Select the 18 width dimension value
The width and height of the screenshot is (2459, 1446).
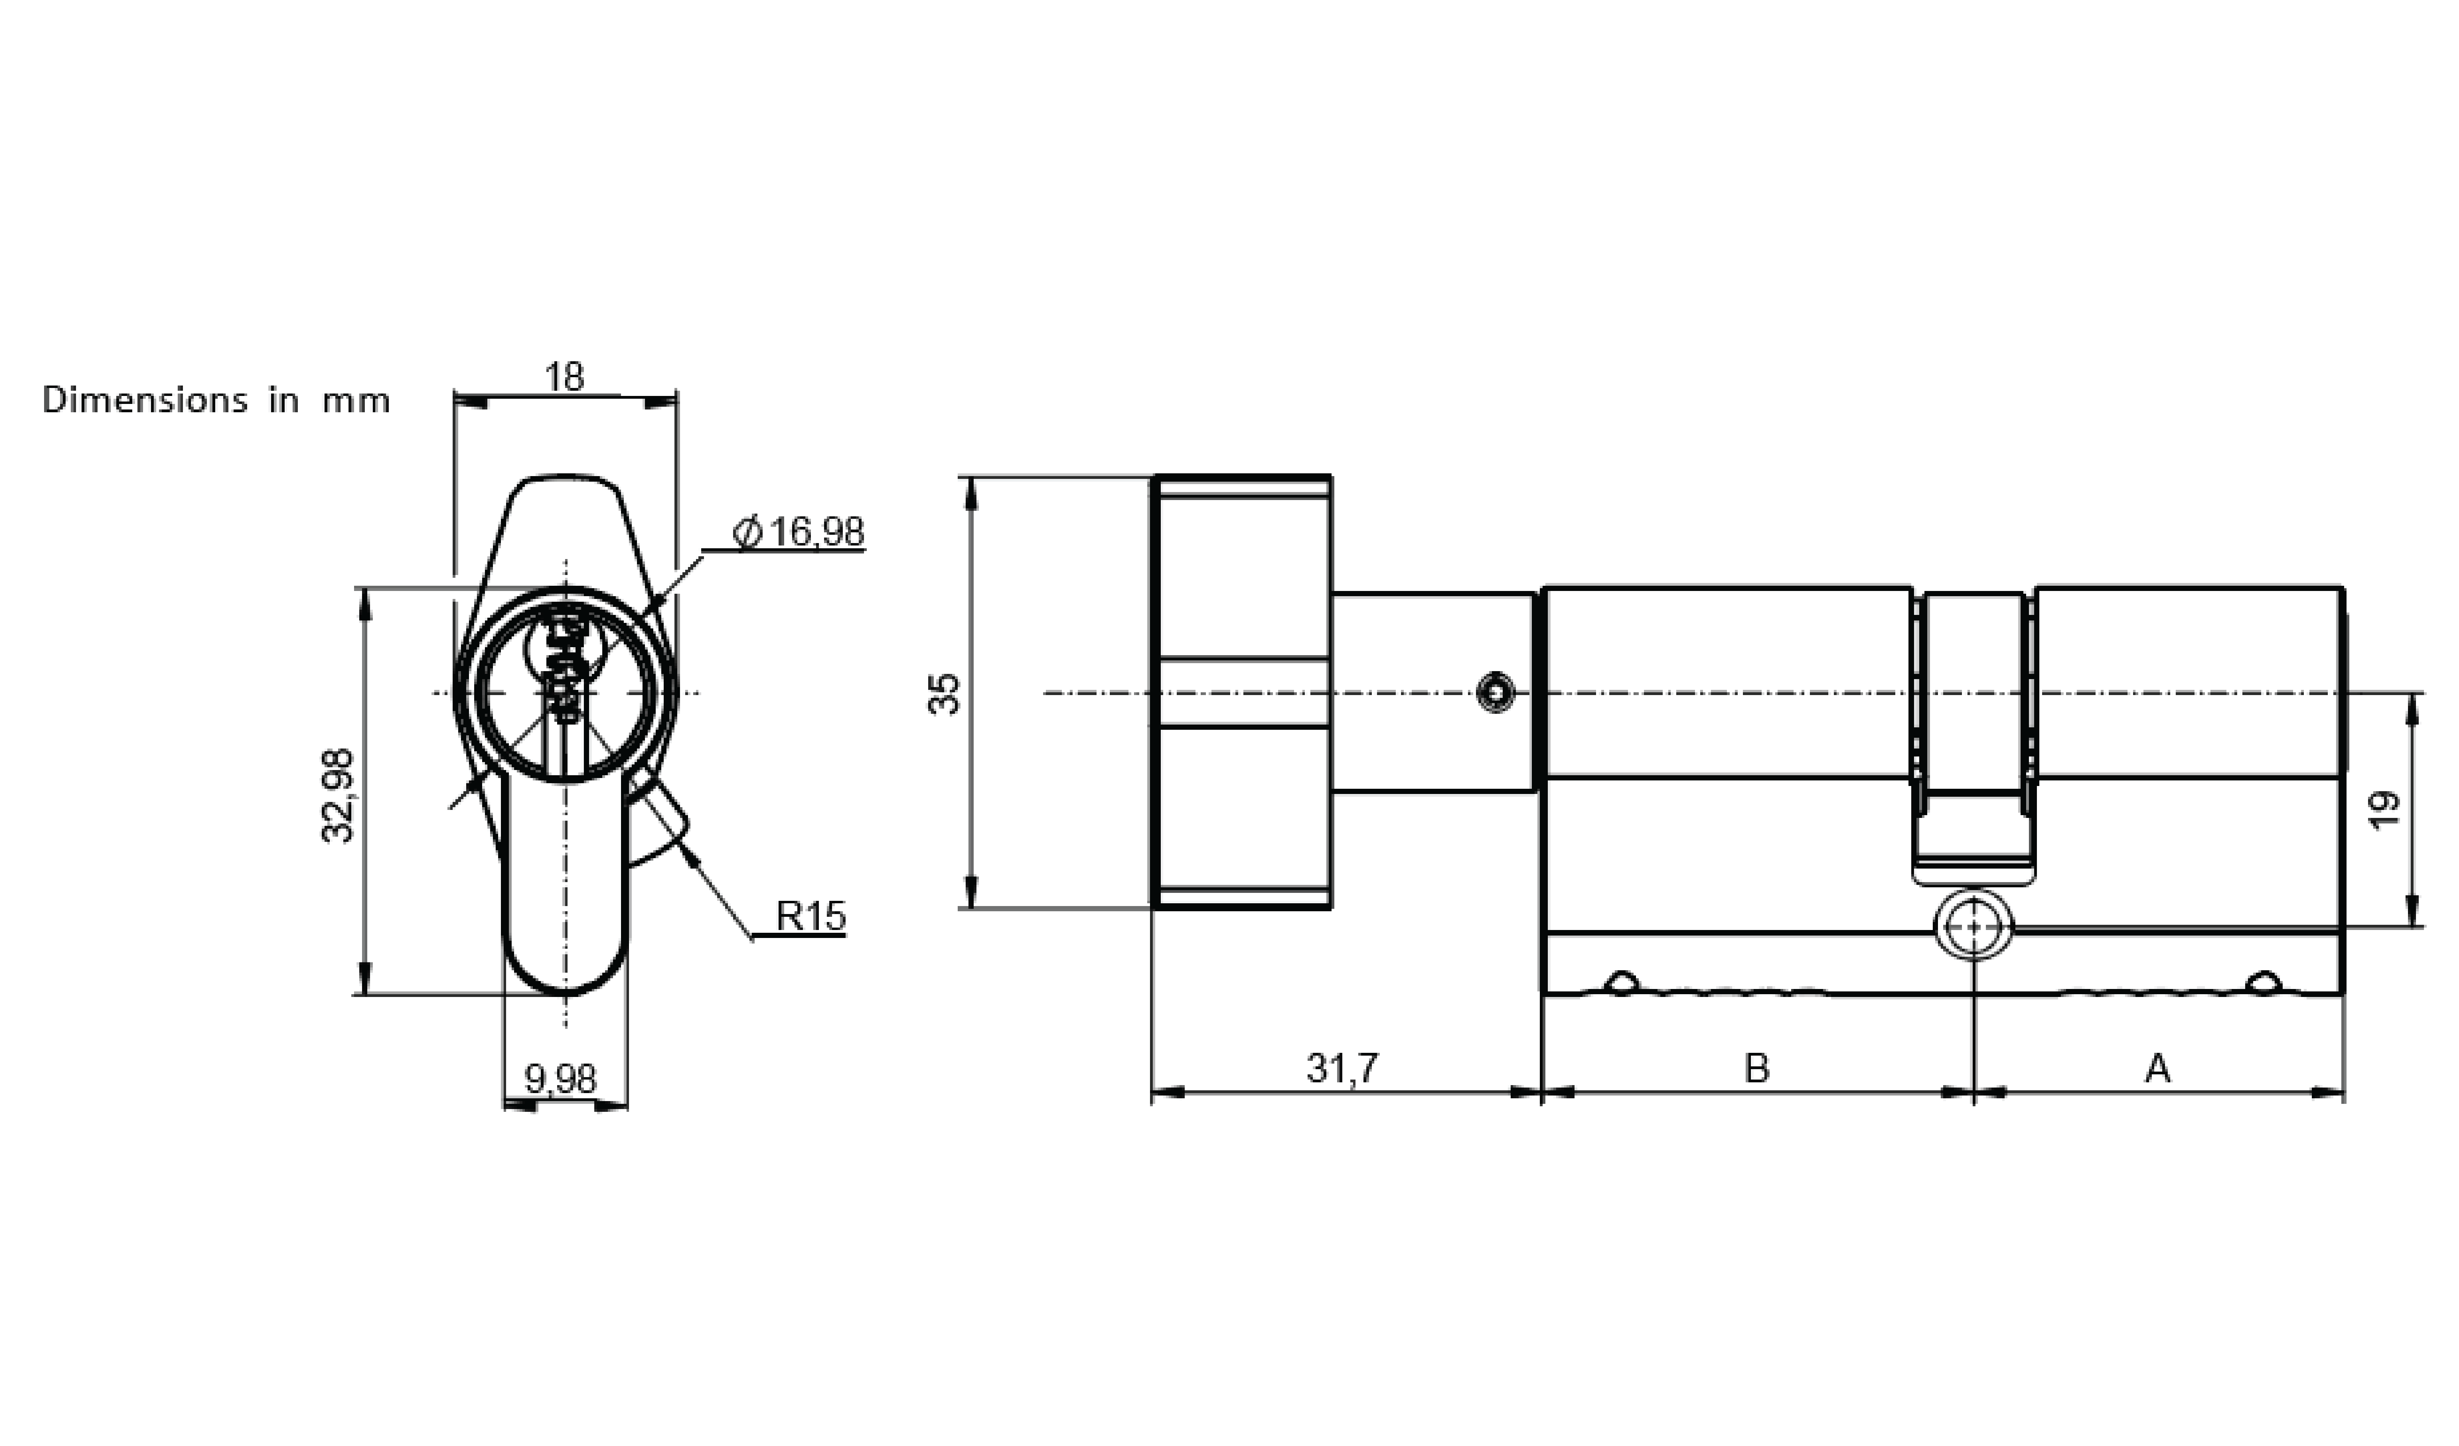[x=564, y=377]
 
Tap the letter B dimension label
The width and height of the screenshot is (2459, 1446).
[x=1756, y=1068]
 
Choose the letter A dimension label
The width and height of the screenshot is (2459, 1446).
[x=2157, y=1068]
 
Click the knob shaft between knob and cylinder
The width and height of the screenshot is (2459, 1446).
[x=1433, y=693]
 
